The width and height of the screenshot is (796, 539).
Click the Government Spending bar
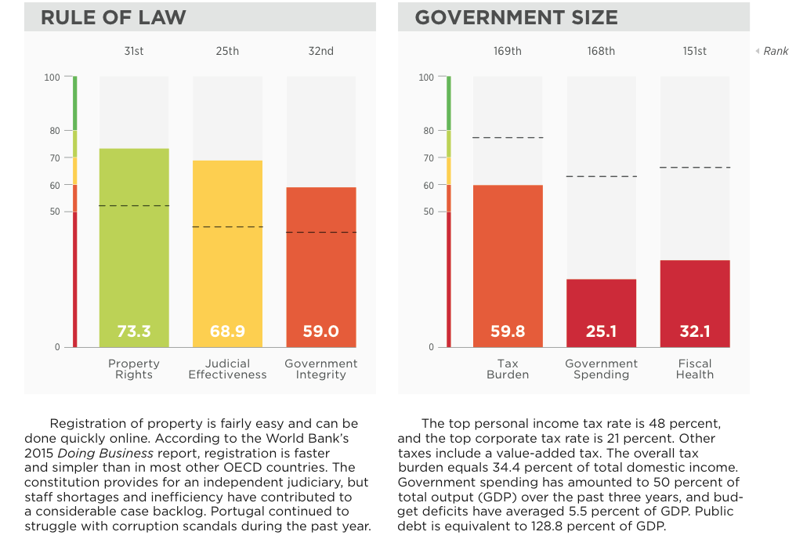(601, 306)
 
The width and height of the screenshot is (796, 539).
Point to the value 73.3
(134, 331)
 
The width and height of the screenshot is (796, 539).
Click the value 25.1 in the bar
(601, 331)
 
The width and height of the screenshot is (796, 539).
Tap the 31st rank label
(134, 51)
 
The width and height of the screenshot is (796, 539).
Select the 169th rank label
(508, 51)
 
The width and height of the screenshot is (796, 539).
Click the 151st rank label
(695, 51)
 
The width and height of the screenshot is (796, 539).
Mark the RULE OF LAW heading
(114, 17)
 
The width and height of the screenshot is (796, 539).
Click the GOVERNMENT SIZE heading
(516, 17)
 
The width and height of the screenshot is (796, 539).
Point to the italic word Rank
(776, 52)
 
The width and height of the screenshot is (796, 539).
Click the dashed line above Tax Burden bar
(508, 138)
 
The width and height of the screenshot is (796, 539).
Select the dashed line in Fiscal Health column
(695, 168)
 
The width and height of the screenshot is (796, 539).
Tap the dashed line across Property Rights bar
(134, 206)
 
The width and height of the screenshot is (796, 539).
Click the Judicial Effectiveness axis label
(227, 369)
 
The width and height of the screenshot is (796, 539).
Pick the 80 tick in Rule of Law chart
(55, 131)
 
